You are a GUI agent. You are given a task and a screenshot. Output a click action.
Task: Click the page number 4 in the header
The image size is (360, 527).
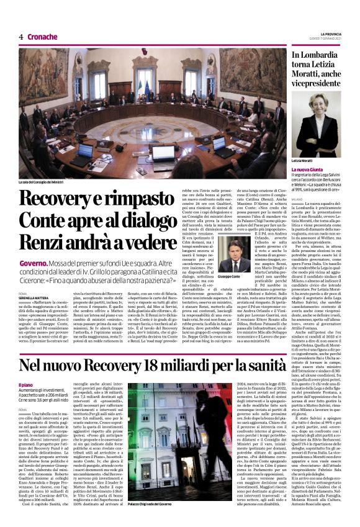(x=21, y=37)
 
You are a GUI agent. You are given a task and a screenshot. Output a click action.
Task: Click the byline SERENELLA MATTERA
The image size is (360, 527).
(x=34, y=298)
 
